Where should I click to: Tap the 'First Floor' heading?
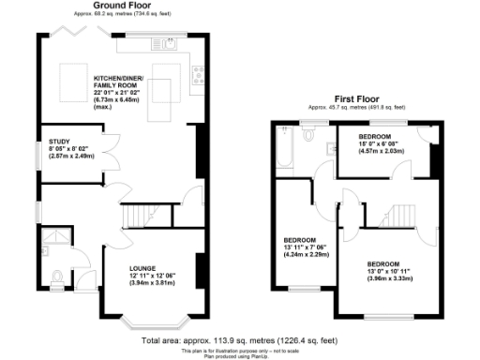(x=357, y=97)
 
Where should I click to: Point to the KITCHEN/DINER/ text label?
(x=117, y=77)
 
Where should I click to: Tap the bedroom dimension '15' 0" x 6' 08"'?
(x=381, y=143)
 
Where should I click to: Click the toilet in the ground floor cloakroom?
(x=58, y=276)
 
